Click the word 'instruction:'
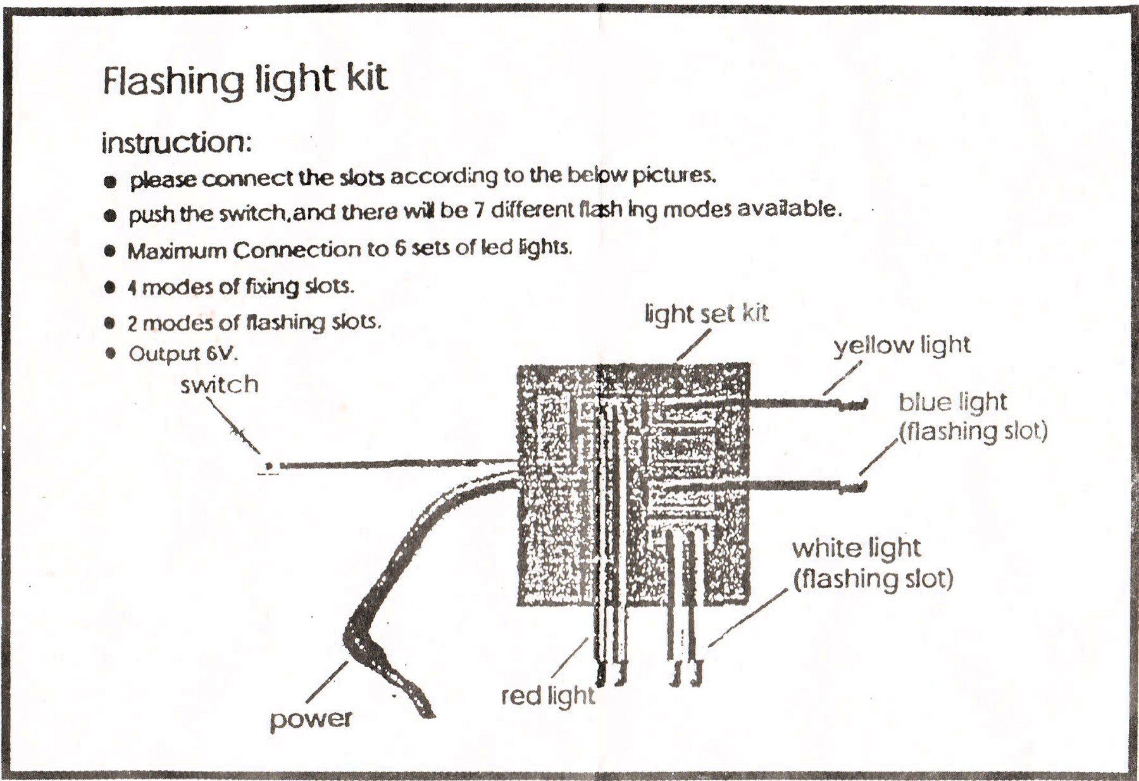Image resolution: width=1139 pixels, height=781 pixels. click(x=177, y=143)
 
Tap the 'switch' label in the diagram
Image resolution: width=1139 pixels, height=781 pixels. click(x=220, y=385)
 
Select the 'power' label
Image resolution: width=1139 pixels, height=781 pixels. click(x=311, y=720)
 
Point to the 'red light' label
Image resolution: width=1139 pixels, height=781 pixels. click(x=548, y=696)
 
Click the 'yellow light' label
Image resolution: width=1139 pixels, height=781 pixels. click(x=902, y=346)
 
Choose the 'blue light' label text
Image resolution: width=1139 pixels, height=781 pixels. click(x=952, y=403)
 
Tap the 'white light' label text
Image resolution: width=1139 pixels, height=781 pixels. click(x=856, y=549)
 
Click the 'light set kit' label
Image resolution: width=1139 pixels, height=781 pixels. click(x=707, y=313)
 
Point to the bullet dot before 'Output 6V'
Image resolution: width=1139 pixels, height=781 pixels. click(x=111, y=353)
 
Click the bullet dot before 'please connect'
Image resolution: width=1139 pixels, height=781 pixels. click(x=111, y=182)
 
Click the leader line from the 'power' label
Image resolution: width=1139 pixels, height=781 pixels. click(x=327, y=682)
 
